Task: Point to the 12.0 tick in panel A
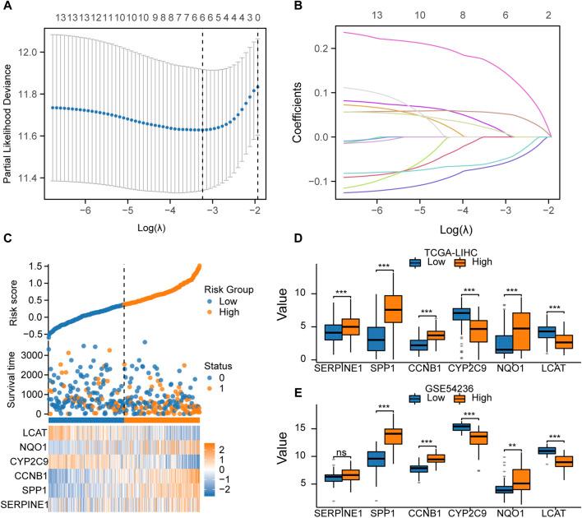34,52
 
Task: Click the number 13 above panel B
376,16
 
